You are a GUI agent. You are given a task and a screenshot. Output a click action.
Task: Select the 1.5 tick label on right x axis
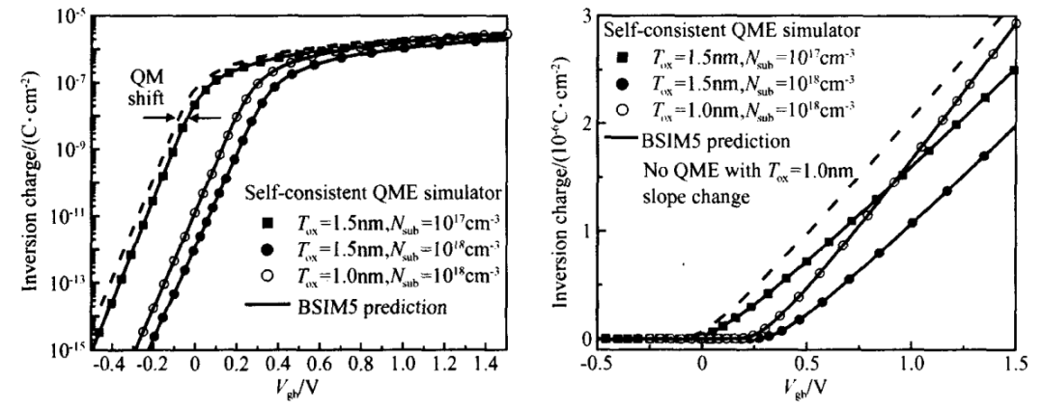(1013, 367)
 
